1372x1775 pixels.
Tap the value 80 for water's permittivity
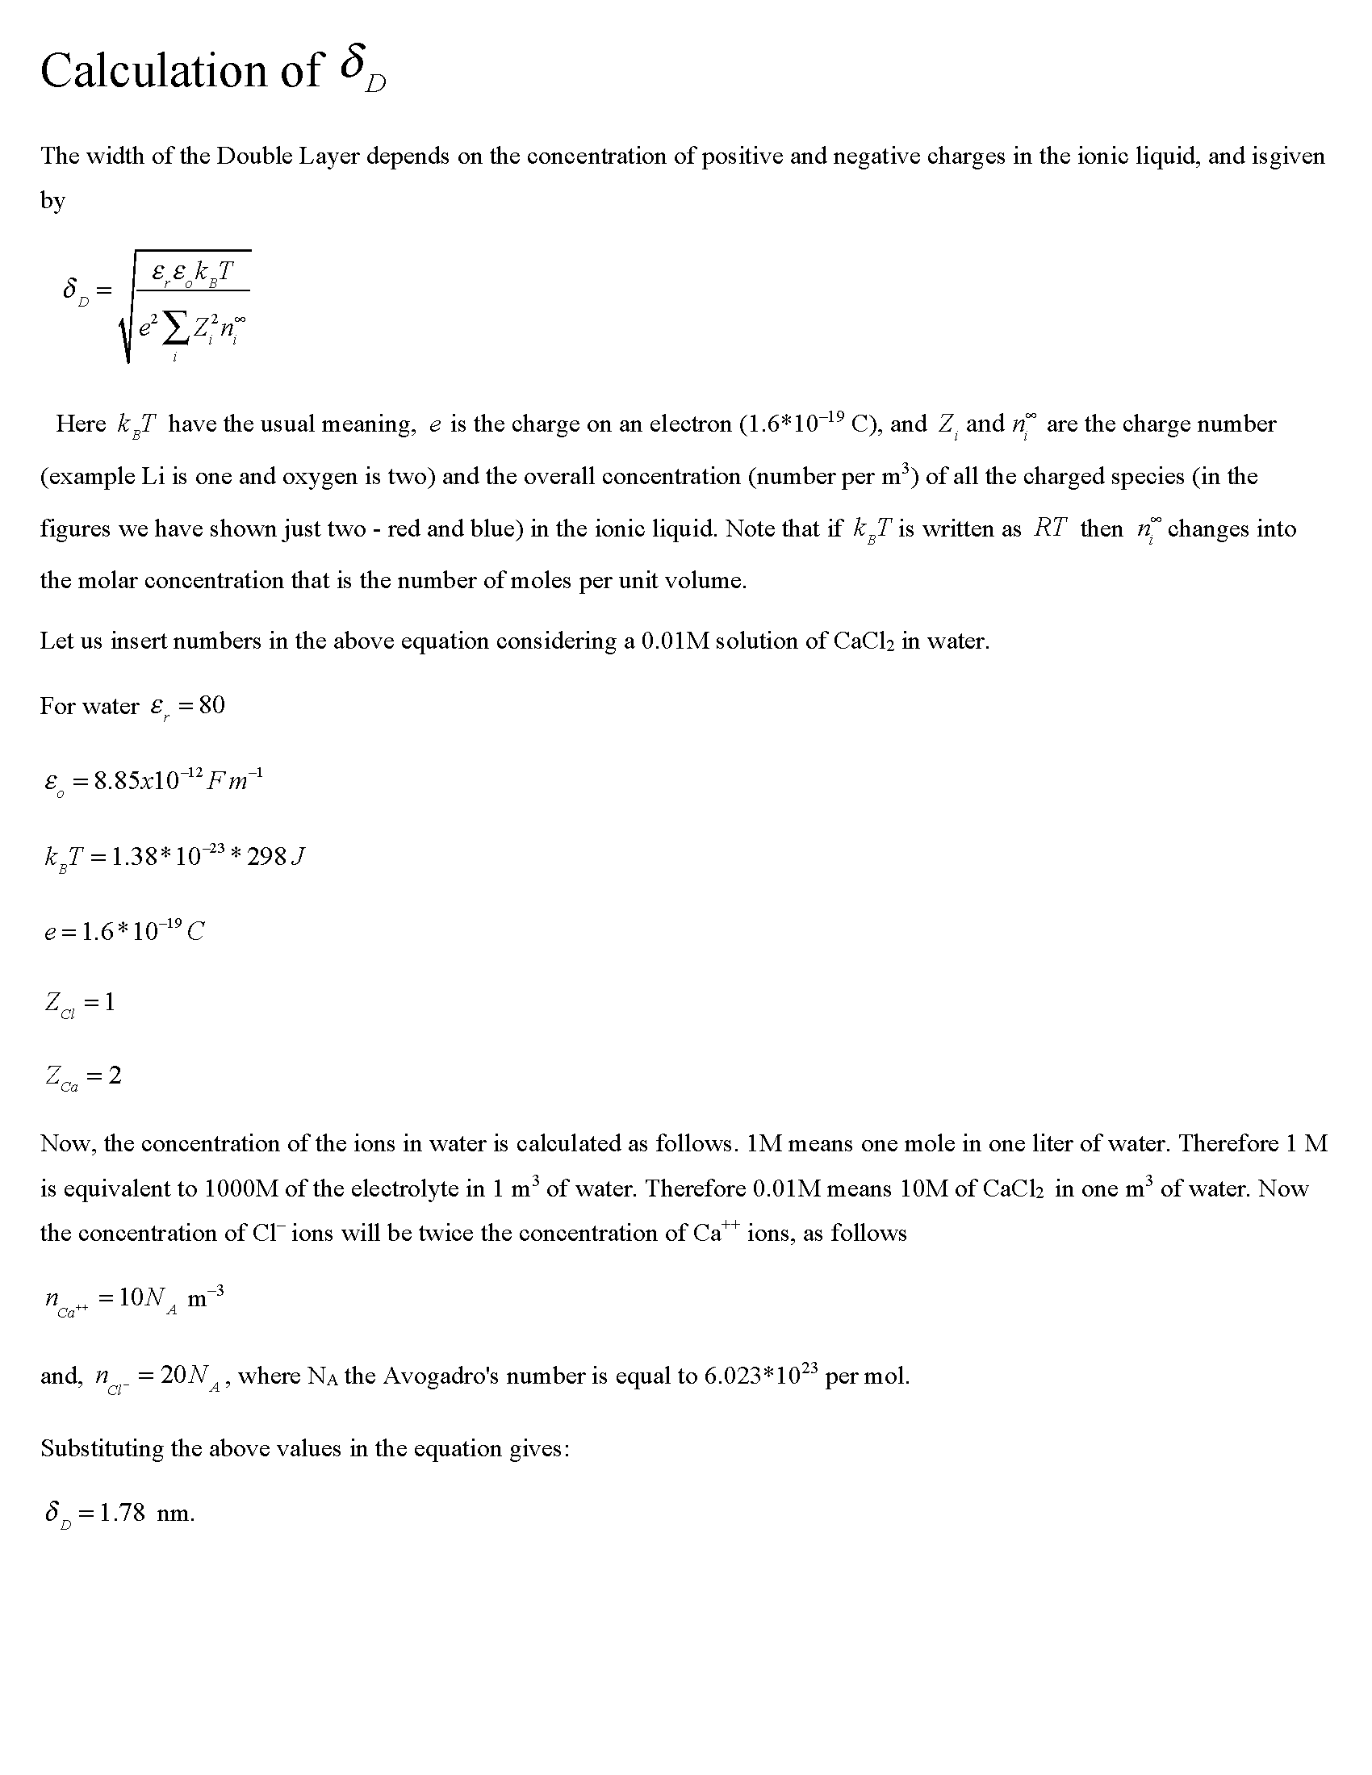[211, 704]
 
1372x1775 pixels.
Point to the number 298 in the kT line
[266, 857]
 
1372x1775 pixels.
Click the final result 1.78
[122, 1513]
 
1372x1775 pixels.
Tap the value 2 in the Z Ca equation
[115, 1075]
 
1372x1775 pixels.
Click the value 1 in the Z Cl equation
[110, 1002]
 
